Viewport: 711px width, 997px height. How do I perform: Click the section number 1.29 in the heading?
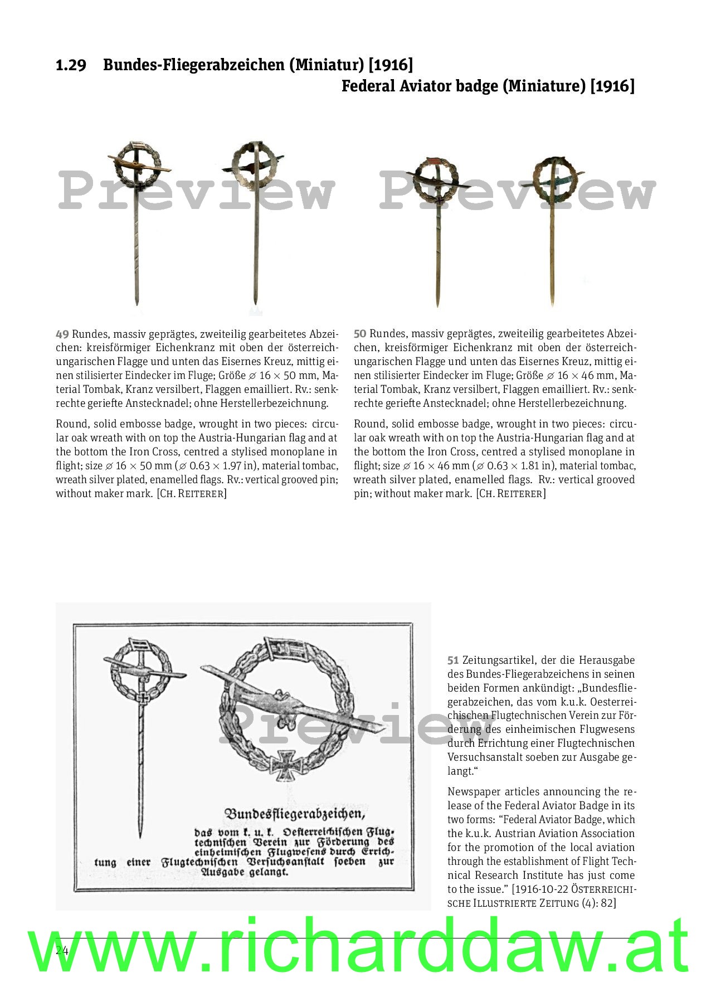click(71, 66)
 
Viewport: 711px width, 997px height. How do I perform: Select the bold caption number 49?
click(62, 334)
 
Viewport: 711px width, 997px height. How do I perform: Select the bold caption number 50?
click(360, 334)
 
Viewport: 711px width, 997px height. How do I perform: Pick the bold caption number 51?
click(453, 660)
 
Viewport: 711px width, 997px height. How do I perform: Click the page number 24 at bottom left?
click(62, 951)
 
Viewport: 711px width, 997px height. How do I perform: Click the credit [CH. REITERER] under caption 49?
click(192, 494)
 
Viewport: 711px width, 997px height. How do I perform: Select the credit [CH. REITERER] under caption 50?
click(510, 494)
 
